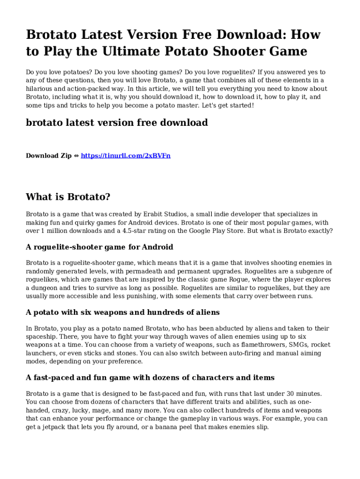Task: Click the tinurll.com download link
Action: (x=125, y=155)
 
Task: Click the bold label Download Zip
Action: (x=49, y=155)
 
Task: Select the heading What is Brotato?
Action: (x=68, y=197)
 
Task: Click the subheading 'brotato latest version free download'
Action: (x=116, y=123)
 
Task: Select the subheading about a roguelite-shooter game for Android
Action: (x=100, y=247)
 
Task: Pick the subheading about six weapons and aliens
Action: (x=122, y=312)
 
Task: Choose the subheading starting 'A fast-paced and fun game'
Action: (x=150, y=377)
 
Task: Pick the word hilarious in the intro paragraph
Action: (x=40, y=88)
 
